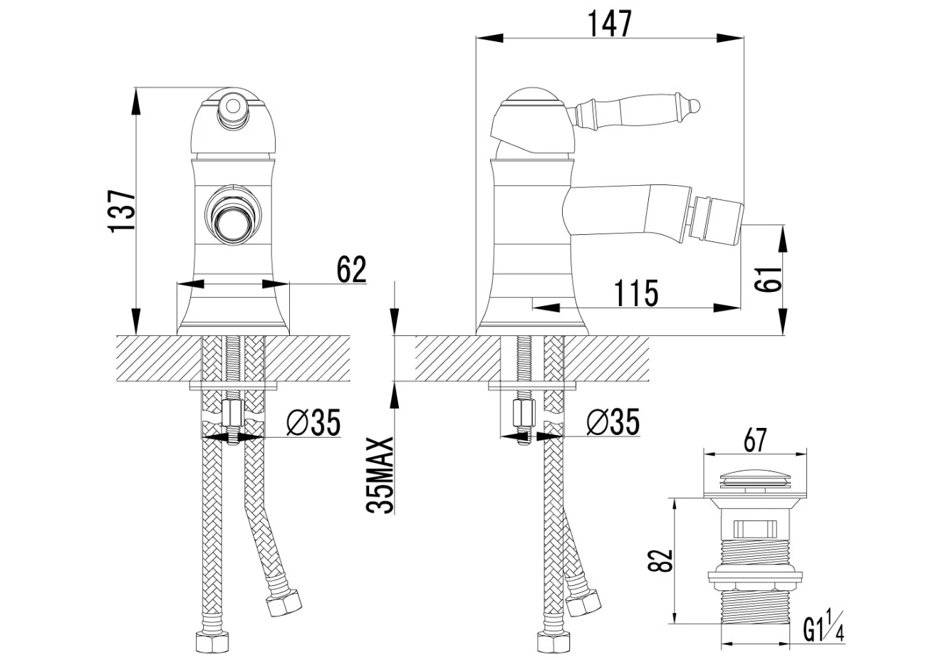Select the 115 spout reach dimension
(636, 293)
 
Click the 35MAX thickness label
(380, 475)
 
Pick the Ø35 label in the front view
(313, 423)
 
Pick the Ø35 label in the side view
(613, 423)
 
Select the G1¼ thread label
(824, 630)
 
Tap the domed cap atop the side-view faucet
(530, 98)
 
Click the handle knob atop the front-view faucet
(231, 108)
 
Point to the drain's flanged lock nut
(754, 576)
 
